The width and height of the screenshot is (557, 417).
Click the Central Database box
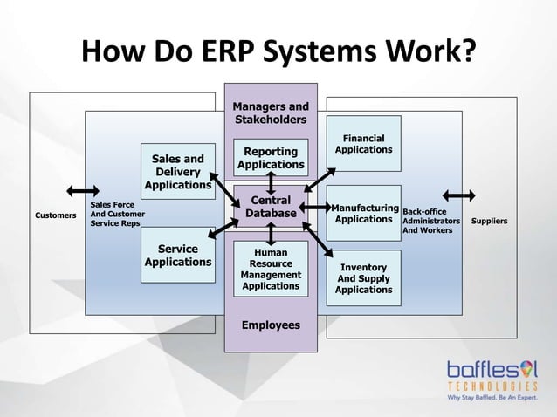point(271,206)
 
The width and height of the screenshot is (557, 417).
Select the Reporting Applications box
point(271,158)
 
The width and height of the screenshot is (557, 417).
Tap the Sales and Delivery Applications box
point(178,172)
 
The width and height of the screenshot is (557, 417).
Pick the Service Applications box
point(178,256)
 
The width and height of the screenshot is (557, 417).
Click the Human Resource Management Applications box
point(271,270)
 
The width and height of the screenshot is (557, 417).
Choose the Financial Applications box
point(363,144)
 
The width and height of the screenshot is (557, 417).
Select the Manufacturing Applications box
point(363,213)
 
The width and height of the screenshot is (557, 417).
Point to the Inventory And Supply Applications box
point(365,277)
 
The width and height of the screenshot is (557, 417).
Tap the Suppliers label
point(489,222)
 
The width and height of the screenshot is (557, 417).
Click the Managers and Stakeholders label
point(270,113)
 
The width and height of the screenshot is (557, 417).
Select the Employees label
point(271,325)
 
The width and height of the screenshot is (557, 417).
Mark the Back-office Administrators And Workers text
point(431,222)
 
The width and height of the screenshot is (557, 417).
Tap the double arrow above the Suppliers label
point(459,195)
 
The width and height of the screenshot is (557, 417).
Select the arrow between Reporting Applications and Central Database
point(272,182)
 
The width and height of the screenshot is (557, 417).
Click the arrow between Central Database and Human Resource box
point(272,234)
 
